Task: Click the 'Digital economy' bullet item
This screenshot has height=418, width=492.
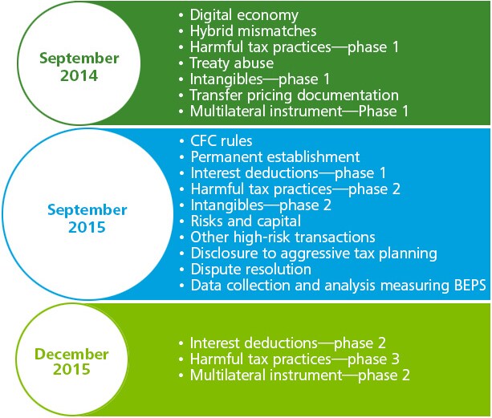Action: [x=244, y=15]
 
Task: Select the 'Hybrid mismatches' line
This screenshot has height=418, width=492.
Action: [x=253, y=31]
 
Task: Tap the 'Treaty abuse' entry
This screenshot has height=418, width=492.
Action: [x=232, y=63]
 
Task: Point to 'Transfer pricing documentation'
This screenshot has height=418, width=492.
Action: [x=295, y=95]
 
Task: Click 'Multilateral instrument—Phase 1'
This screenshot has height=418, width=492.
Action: [x=299, y=112]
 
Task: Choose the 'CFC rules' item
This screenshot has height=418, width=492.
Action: [x=222, y=141]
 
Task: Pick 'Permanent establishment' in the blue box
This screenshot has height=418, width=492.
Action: [x=275, y=156]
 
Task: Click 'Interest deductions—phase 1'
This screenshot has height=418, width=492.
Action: [x=288, y=173]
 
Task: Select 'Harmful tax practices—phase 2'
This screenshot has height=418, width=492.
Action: [x=295, y=189]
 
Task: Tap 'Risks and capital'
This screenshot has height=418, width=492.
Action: [x=246, y=221]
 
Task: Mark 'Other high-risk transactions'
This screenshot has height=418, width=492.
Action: [x=283, y=237]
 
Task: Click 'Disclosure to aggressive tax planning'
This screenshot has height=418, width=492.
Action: [x=314, y=254]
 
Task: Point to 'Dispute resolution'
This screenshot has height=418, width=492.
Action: [x=251, y=270]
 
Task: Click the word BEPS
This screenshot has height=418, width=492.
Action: [x=470, y=286]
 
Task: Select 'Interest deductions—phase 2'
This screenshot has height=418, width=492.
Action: [x=287, y=343]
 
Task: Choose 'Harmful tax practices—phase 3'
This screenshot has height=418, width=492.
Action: [x=295, y=359]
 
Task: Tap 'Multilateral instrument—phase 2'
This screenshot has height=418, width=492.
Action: [x=300, y=375]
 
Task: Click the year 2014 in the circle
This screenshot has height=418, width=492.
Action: [x=79, y=75]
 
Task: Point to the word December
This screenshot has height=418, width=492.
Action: [x=71, y=354]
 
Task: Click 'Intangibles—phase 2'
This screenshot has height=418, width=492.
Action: [x=261, y=205]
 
